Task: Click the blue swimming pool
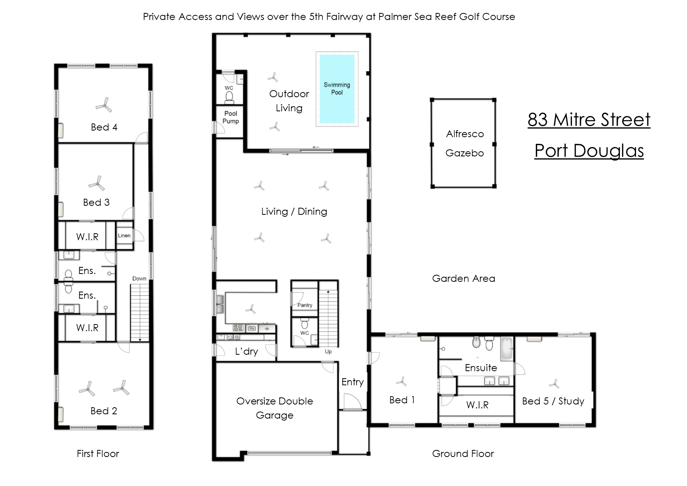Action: [337, 89]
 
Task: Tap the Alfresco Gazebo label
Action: [465, 143]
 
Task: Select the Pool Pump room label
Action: [231, 117]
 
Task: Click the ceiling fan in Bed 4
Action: [104, 105]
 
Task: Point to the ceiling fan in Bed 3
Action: [96, 183]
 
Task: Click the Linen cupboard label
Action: [124, 236]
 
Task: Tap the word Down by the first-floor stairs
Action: [139, 279]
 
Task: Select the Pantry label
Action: [305, 305]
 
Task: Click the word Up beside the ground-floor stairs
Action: [328, 352]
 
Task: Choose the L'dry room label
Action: [246, 352]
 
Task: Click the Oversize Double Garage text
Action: [275, 408]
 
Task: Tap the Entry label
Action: [353, 382]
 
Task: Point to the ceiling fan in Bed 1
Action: [401, 381]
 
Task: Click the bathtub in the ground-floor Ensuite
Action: [507, 348]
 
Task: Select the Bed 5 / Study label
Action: [553, 401]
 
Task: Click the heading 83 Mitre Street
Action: [589, 120]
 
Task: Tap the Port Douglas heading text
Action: [589, 151]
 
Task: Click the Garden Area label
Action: [463, 278]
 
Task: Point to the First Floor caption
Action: [98, 453]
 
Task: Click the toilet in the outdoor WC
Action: [230, 96]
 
